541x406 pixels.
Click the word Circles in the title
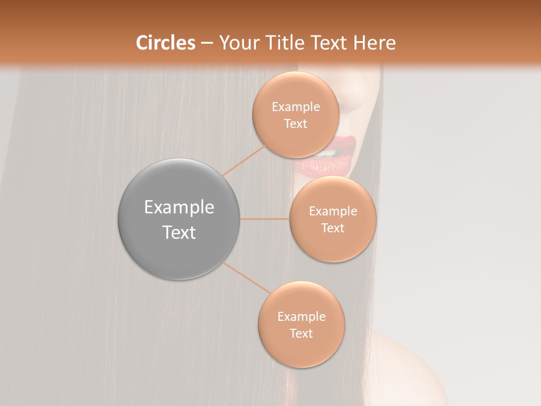[x=166, y=43]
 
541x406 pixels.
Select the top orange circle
[x=296, y=141]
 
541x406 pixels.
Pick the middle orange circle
[x=333, y=245]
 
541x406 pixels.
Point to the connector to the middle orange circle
[x=264, y=219]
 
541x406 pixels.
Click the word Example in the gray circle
[x=179, y=208]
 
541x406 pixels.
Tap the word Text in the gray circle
[x=179, y=232]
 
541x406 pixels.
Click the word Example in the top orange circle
[x=296, y=107]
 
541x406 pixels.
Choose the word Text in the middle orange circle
[x=332, y=228]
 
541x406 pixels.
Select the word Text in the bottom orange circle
[x=301, y=333]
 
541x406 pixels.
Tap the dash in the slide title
[x=207, y=43]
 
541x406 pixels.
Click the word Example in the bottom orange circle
[x=301, y=317]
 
